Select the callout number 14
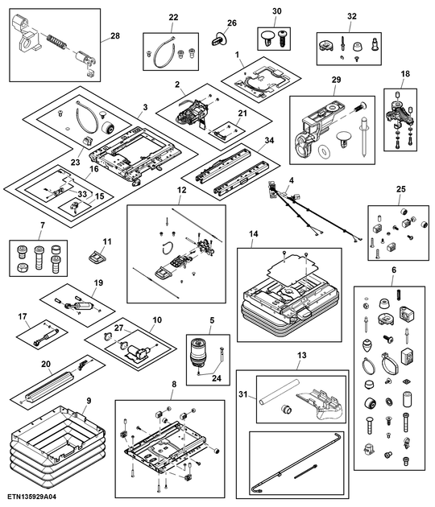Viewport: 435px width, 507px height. pos(253,234)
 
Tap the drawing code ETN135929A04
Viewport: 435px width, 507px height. pos(33,498)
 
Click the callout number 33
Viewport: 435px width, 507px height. pos(82,194)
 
